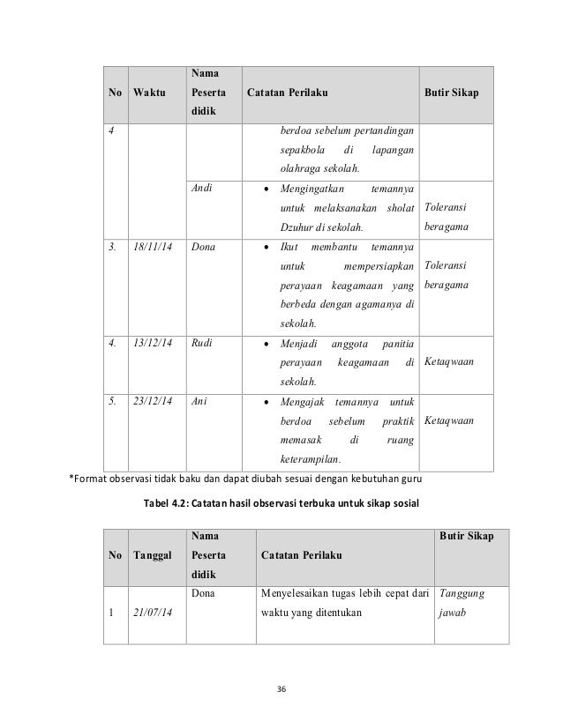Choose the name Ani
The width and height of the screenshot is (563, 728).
[x=199, y=402]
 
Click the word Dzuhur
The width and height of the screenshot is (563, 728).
[x=297, y=228]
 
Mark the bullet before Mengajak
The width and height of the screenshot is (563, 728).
[x=268, y=402]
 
